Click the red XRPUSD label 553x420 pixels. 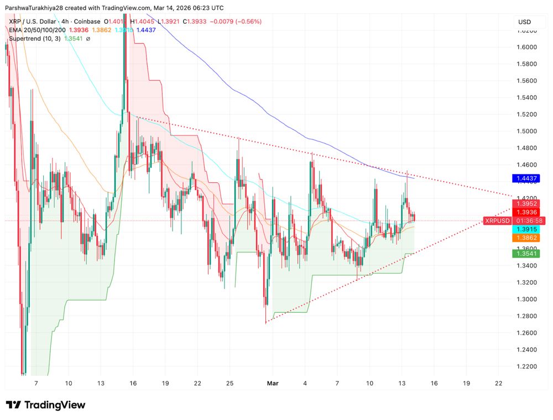pyautogui.click(x=497, y=221)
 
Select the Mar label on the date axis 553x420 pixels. pyautogui.click(x=273, y=383)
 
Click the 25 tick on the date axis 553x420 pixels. pyautogui.click(x=231, y=383)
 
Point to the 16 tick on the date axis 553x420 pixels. pyautogui.click(x=434, y=383)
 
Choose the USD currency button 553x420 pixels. pyautogui.click(x=524, y=22)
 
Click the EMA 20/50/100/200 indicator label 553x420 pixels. pyautogui.click(x=36, y=30)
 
